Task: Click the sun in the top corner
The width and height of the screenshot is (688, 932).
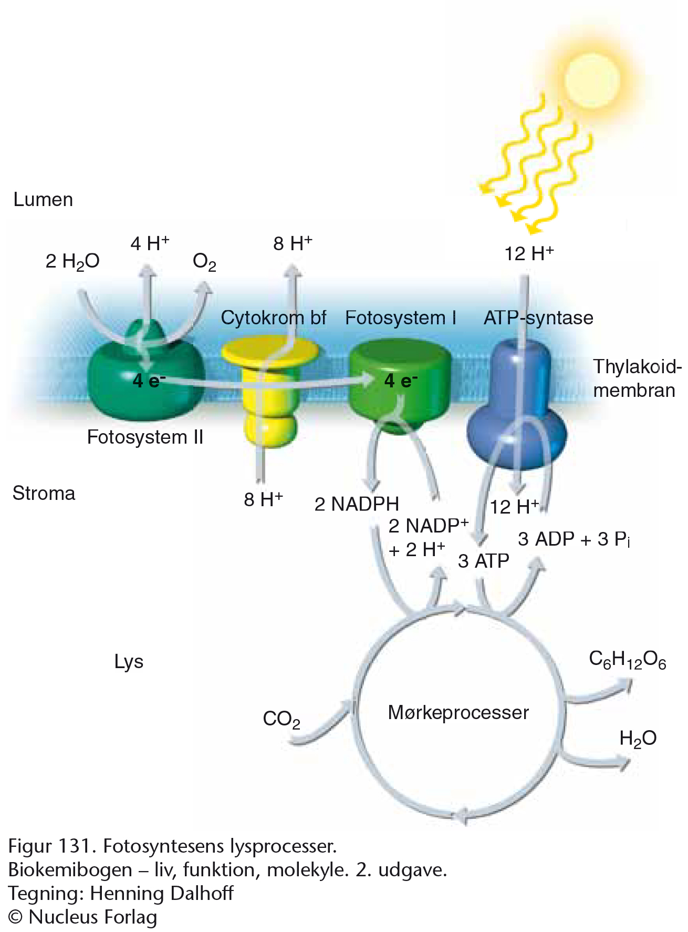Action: coord(592,80)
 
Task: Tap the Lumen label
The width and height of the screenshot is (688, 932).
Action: coord(43,200)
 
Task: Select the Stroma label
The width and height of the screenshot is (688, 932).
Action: coord(44,493)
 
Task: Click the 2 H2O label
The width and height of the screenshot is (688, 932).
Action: coord(72,261)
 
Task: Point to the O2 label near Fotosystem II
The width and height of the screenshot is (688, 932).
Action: coord(204,261)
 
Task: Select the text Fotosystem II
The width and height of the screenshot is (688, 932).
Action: coord(145,437)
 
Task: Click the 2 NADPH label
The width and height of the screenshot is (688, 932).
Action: coord(357,504)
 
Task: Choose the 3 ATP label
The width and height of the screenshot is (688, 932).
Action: coord(484,561)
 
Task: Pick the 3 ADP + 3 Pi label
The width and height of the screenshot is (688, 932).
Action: coord(574,539)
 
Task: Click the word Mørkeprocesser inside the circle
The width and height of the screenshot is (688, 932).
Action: coord(458,712)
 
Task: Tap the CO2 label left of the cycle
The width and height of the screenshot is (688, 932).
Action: coord(282,719)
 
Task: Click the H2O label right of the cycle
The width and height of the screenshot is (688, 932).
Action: coord(638,739)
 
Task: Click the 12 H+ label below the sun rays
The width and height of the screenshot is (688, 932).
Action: coord(529,253)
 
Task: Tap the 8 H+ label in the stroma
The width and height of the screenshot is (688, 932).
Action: coord(264,499)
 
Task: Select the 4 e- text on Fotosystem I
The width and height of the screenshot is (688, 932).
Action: coord(401,380)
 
